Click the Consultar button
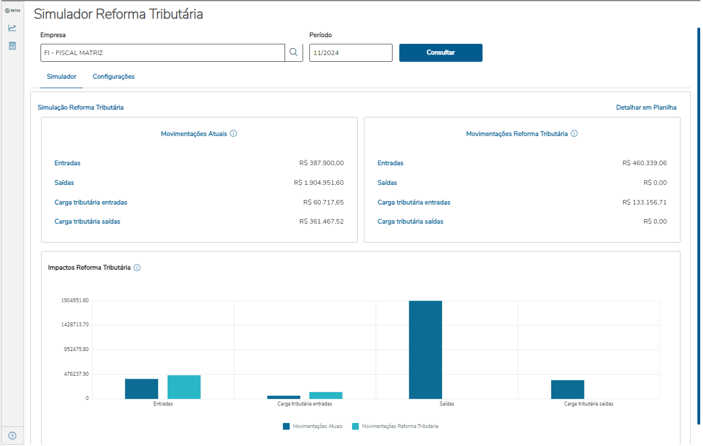[x=440, y=53]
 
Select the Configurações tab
[x=114, y=76]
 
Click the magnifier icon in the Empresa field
[x=293, y=53]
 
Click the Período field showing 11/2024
[x=350, y=53]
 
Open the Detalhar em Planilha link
[x=646, y=107]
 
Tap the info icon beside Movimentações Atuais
[x=233, y=134]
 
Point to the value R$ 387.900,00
[x=321, y=163]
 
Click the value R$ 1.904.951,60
[x=318, y=183]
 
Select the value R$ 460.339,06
[x=645, y=163]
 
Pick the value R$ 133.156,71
[x=645, y=202]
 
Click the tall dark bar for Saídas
[x=425, y=349]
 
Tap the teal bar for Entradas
[x=184, y=387]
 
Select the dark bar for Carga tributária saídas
[x=567, y=389]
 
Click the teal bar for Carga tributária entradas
[x=326, y=395]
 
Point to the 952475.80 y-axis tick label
[x=75, y=349]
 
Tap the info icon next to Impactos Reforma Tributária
[x=137, y=268]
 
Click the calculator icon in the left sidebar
[x=12, y=45]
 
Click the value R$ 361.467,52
[x=321, y=221]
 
